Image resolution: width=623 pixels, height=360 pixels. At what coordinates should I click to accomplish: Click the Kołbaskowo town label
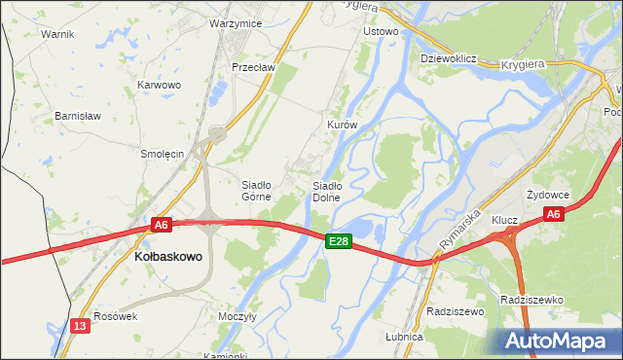pos(166,257)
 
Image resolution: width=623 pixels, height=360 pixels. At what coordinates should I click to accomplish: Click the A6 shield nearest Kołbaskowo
pos(162,225)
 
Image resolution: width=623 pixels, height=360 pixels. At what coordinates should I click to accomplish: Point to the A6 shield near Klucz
pos(553,214)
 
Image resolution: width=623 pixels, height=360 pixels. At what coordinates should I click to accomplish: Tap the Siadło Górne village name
pos(255,190)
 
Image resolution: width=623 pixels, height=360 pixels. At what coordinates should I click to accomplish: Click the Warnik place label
pos(57,33)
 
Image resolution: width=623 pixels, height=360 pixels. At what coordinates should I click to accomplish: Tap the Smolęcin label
pos(163,153)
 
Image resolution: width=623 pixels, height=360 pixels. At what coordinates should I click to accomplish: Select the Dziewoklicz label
pos(447,58)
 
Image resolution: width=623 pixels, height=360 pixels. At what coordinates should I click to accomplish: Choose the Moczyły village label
pos(237,317)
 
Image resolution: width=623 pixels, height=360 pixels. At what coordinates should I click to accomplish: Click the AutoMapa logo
pos(559,341)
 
